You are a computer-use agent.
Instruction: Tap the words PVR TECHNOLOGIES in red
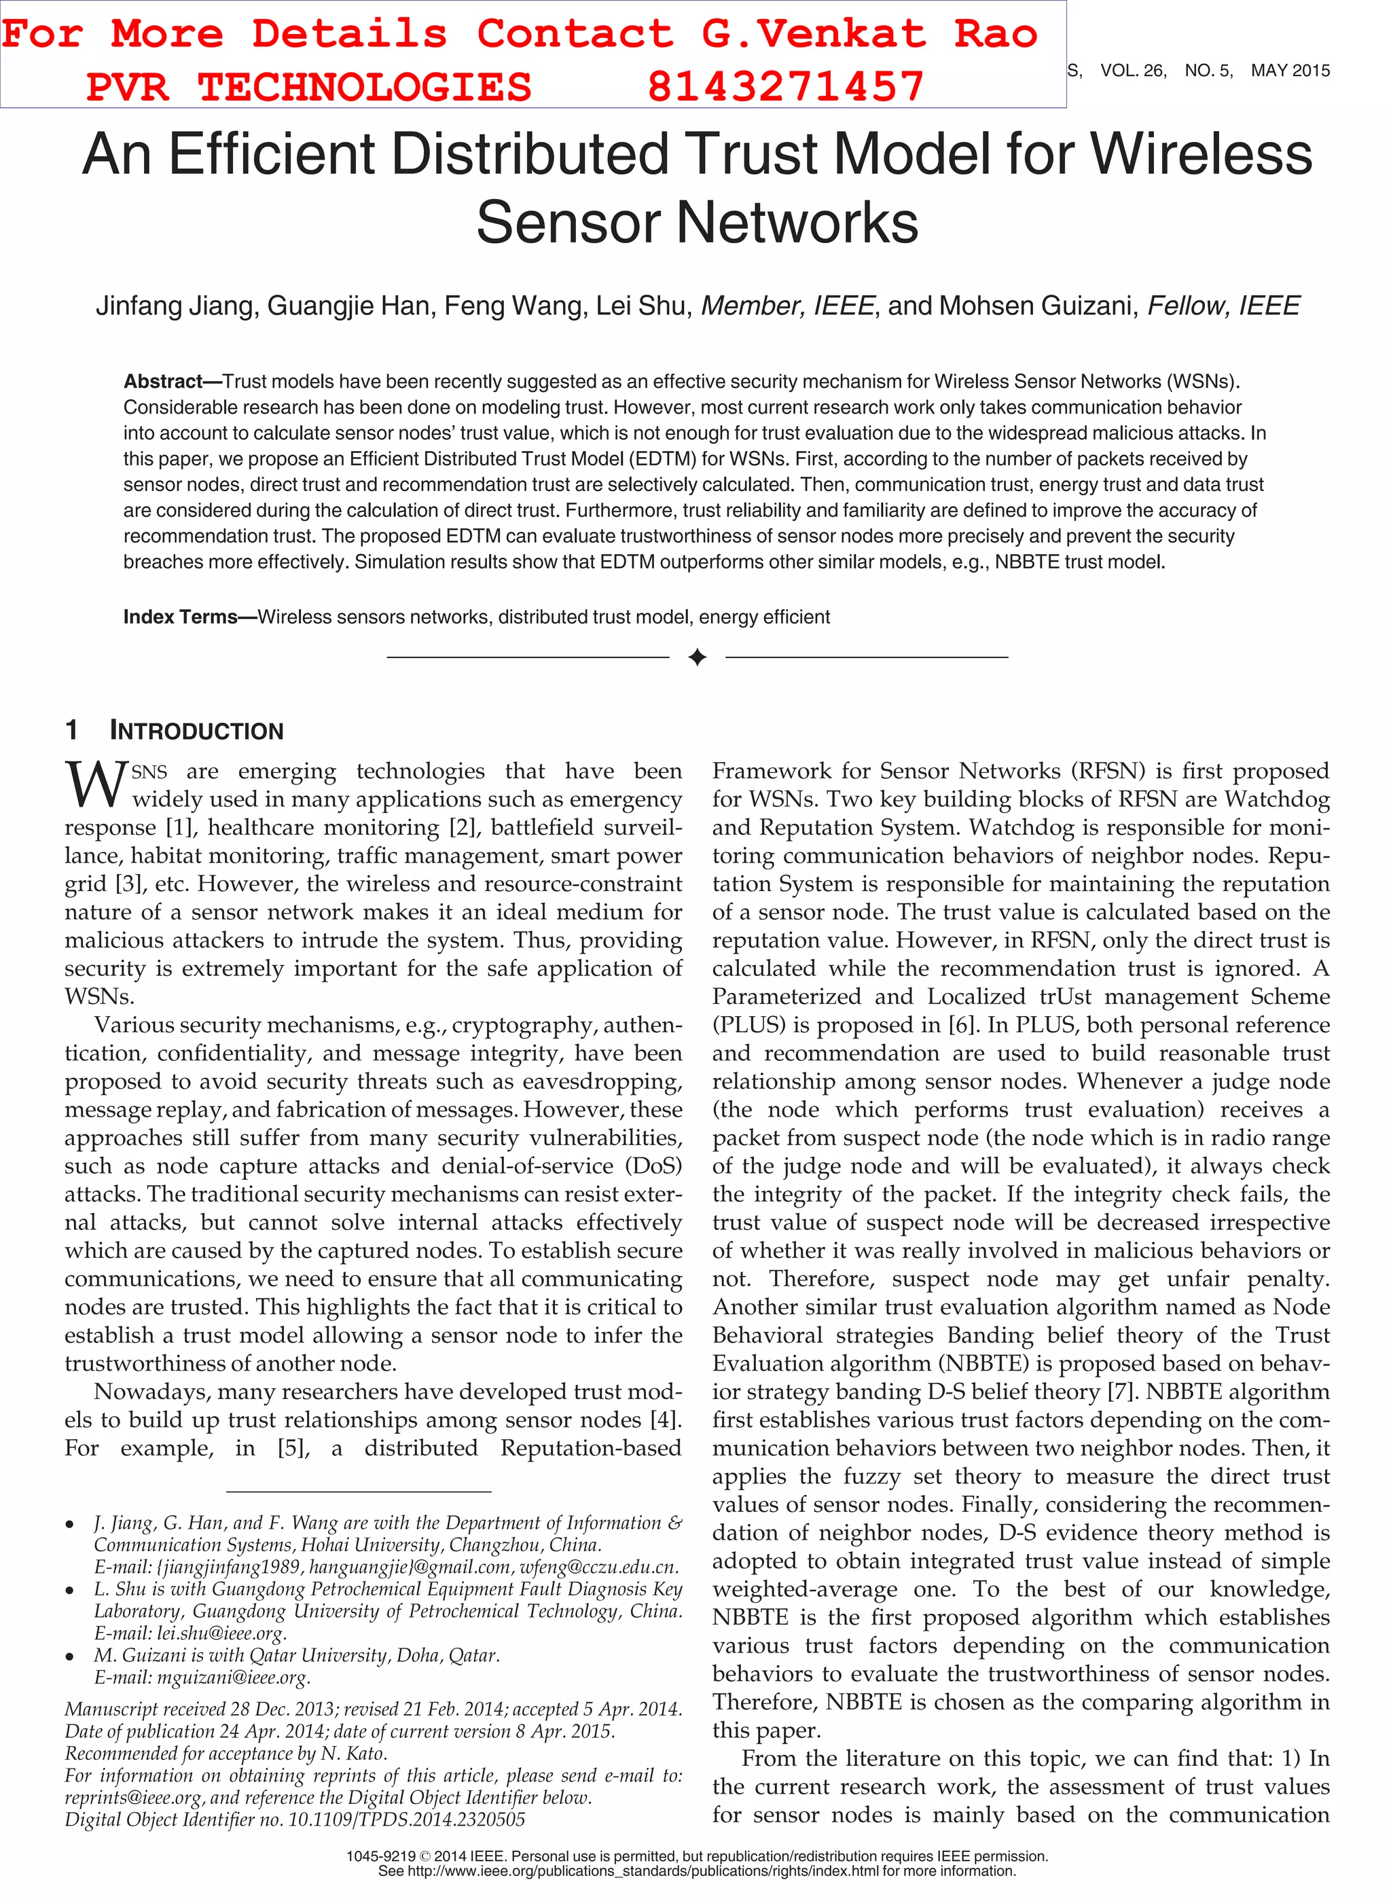coord(308,88)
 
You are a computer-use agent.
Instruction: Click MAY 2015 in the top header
coord(1290,71)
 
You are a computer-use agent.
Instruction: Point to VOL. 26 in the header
coord(1132,71)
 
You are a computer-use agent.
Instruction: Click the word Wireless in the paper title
coord(1201,154)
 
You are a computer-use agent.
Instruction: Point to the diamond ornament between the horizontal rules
coord(696,657)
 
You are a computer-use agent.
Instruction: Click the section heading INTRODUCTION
coord(196,731)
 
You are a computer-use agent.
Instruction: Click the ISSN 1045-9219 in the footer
coord(382,1856)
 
